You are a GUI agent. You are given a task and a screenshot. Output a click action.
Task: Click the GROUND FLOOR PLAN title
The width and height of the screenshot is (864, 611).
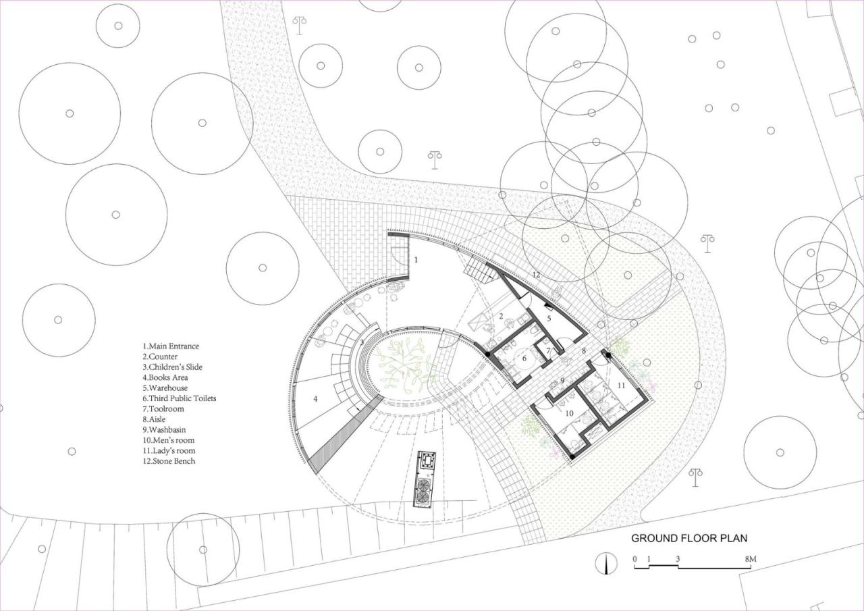pos(688,538)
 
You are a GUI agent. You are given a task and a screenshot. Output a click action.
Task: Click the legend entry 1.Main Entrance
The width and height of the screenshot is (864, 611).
pos(171,346)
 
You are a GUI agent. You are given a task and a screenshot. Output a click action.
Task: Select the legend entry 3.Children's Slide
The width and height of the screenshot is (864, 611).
pos(172,367)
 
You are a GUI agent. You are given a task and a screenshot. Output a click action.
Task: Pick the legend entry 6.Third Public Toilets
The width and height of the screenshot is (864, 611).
pos(179,398)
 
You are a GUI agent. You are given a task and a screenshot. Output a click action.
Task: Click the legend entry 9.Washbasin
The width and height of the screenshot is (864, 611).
pos(165,429)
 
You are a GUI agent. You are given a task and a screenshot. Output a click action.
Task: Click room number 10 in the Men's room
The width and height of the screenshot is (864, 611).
pos(569,413)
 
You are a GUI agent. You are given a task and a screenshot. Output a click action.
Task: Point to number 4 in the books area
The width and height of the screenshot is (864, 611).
pos(315,399)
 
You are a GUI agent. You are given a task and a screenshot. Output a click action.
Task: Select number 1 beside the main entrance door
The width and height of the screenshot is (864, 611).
pos(416,259)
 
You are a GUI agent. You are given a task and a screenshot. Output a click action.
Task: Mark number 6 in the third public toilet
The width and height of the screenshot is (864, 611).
pos(524,359)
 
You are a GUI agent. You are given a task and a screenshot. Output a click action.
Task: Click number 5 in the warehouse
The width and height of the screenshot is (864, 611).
pos(549,317)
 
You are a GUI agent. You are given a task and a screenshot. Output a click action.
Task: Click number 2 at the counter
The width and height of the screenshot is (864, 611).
pos(502,315)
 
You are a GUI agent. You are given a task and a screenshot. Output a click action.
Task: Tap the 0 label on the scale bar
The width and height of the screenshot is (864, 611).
pos(634,559)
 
